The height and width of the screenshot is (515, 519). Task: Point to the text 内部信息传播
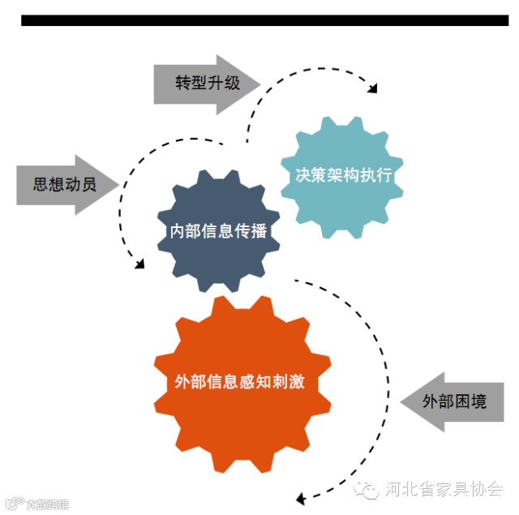pos(217,230)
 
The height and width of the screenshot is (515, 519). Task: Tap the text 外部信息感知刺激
pos(240,381)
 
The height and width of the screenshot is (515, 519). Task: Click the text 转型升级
pos(208,83)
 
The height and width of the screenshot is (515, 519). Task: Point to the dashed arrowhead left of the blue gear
pos(140,264)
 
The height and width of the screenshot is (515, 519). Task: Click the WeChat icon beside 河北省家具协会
pos(370,489)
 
